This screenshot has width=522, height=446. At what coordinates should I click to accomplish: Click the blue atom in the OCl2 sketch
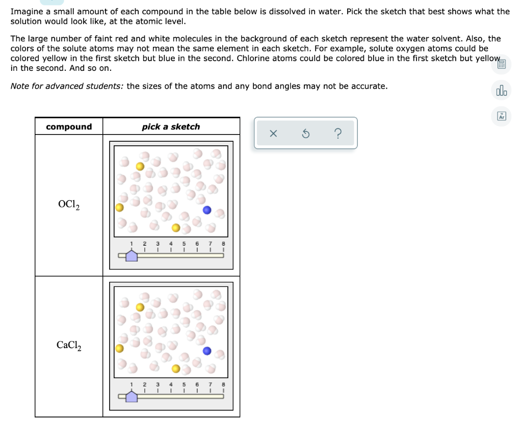pyautogui.click(x=207, y=210)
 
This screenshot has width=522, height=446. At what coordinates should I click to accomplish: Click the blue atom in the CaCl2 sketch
pyautogui.click(x=207, y=351)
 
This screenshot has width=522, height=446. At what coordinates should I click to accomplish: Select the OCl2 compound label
pyautogui.click(x=68, y=205)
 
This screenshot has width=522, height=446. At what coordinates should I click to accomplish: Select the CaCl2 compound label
pyautogui.click(x=68, y=346)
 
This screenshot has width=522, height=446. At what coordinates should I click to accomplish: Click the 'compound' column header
pyautogui.click(x=69, y=126)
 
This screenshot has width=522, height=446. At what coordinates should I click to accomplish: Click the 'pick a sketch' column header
pyautogui.click(x=171, y=126)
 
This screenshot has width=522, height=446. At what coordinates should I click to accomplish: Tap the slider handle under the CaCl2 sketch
pyautogui.click(x=132, y=396)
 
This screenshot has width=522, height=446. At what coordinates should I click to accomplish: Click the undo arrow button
pyautogui.click(x=305, y=134)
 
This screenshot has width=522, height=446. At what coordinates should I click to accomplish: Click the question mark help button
pyautogui.click(x=337, y=134)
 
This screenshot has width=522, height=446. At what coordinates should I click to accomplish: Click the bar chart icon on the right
pyautogui.click(x=501, y=91)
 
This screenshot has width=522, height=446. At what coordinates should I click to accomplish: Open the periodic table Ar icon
pyautogui.click(x=501, y=116)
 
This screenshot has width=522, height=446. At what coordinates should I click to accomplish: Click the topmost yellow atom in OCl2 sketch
pyautogui.click(x=140, y=166)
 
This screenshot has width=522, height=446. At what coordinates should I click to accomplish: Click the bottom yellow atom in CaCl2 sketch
pyautogui.click(x=175, y=368)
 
